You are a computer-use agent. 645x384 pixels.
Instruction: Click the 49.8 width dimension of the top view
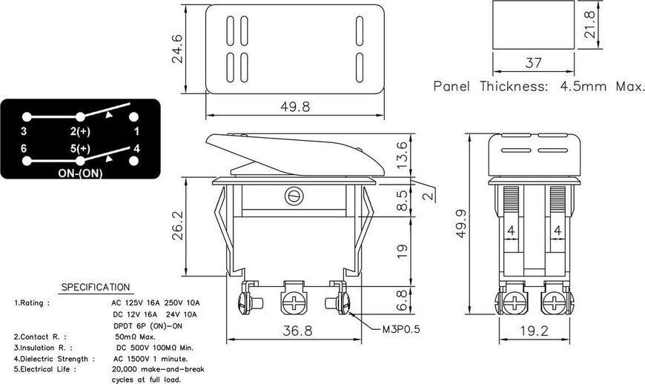pyautogui.click(x=295, y=107)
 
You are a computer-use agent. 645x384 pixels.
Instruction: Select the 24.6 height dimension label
pyautogui.click(x=177, y=49)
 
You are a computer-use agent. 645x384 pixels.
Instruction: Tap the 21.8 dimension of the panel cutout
pyautogui.click(x=590, y=24)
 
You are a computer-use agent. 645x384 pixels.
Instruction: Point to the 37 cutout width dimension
pyautogui.click(x=533, y=63)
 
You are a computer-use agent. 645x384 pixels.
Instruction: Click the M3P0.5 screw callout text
pyautogui.click(x=401, y=329)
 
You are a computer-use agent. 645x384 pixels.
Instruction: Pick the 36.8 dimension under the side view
pyautogui.click(x=297, y=331)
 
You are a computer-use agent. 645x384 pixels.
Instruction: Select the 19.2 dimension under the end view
pyautogui.click(x=534, y=331)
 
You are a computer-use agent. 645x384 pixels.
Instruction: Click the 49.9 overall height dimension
pyautogui.click(x=461, y=224)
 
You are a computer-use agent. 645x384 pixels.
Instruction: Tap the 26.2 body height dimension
pyautogui.click(x=178, y=225)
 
